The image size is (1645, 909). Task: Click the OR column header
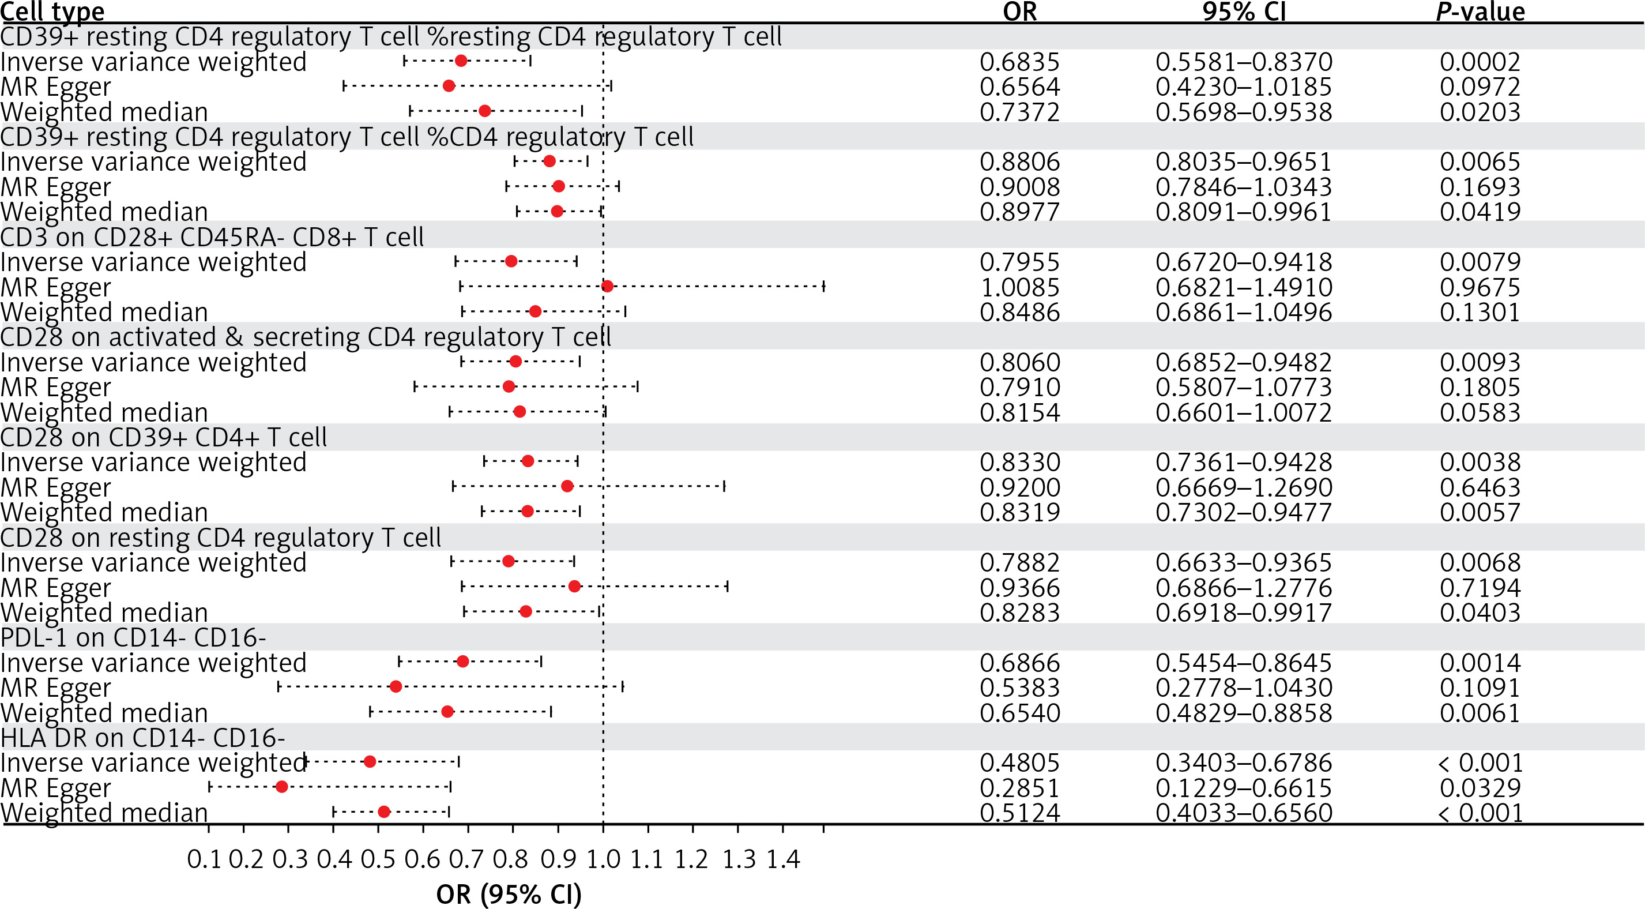click(x=1020, y=12)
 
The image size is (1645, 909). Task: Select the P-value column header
click(x=1480, y=12)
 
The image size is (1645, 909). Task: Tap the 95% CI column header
click(x=1243, y=12)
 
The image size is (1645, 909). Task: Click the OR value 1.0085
click(x=1020, y=287)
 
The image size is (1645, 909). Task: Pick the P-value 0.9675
click(x=1480, y=287)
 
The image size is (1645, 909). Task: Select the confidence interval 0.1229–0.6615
click(x=1243, y=788)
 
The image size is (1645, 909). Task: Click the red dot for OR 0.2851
click(x=281, y=787)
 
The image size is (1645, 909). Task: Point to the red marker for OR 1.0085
click(x=607, y=286)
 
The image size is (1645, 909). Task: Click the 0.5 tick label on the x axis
click(x=378, y=860)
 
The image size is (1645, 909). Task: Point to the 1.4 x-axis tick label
click(x=783, y=860)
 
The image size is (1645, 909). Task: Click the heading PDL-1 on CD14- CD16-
click(x=133, y=637)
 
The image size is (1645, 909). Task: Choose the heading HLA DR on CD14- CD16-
click(x=143, y=738)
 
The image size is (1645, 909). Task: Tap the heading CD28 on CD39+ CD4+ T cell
click(x=164, y=438)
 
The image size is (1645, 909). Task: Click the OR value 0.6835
click(x=1020, y=62)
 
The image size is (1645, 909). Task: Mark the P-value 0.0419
click(x=1480, y=212)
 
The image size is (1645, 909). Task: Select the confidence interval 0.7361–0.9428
click(x=1243, y=463)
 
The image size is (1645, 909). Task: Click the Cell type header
click(x=52, y=12)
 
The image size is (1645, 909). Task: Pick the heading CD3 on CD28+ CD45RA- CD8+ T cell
click(x=212, y=237)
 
